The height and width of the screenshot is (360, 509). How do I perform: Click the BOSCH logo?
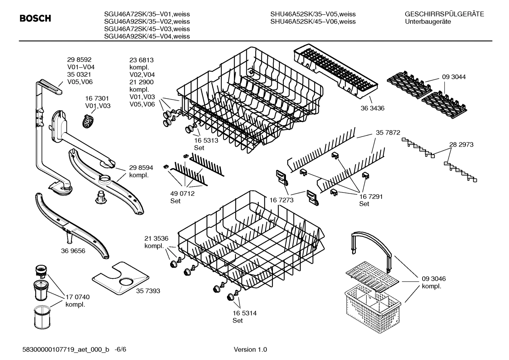tap(35, 18)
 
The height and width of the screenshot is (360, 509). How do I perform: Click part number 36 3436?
tap(372, 108)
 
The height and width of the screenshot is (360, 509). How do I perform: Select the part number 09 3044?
tap(454, 77)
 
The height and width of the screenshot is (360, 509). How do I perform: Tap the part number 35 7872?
tap(388, 132)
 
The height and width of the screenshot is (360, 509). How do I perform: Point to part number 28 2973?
tap(461, 144)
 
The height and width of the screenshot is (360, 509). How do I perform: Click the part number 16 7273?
tap(282, 200)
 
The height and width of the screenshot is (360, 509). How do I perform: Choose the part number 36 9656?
tap(73, 251)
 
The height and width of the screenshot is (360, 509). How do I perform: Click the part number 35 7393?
tap(148, 291)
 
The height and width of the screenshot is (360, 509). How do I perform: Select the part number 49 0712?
tap(182, 194)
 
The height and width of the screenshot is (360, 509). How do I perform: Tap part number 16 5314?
tap(244, 313)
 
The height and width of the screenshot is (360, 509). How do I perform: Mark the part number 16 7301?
tap(97, 99)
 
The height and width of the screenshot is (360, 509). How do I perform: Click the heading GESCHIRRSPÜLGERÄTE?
tap(444, 14)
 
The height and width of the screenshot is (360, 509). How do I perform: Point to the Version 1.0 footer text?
tap(250, 349)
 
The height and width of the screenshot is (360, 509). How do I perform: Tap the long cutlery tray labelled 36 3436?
tap(335, 71)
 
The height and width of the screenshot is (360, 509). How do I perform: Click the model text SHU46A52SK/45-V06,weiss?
tap(313, 22)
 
